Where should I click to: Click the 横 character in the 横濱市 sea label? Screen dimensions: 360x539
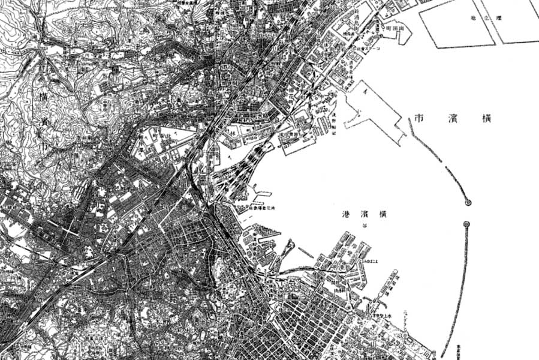tap(486, 118)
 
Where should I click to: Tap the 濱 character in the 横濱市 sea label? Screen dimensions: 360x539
tap(454, 118)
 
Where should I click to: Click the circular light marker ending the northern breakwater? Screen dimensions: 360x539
tap(468, 203)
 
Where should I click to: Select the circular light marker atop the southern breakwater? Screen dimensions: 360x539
tap(467, 224)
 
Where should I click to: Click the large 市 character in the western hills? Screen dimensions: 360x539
tap(43, 146)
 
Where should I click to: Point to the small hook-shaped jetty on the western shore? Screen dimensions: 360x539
tap(289, 248)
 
